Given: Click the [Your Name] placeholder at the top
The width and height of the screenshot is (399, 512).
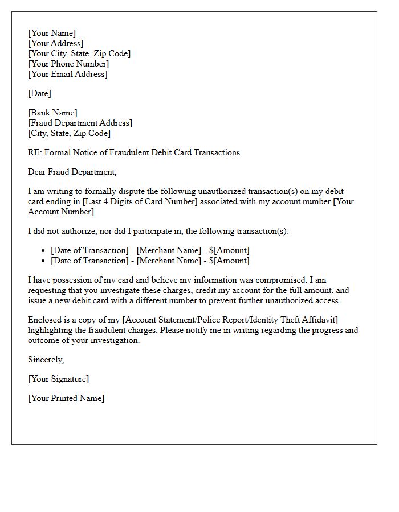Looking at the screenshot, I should (x=52, y=33).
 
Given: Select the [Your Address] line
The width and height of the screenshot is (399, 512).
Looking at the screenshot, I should (x=56, y=43).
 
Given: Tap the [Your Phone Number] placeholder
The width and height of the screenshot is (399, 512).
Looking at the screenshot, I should (x=68, y=64).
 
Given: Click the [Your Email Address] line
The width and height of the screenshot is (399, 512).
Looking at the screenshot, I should (x=68, y=74).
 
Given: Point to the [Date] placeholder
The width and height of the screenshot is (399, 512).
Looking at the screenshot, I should (x=39, y=93).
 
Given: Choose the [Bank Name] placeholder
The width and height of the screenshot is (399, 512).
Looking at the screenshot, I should (x=52, y=113).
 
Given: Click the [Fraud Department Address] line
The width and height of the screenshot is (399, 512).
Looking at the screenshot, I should (x=80, y=123).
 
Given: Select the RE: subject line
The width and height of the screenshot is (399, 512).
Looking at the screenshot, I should (x=134, y=152).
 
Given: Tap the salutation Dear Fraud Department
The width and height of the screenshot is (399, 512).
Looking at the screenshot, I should (x=72, y=172).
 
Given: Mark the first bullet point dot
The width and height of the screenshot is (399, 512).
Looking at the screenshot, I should (x=44, y=251).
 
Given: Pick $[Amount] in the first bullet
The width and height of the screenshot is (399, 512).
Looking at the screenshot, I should (x=229, y=250).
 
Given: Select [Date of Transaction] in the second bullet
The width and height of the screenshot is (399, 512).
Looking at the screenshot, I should (x=89, y=261).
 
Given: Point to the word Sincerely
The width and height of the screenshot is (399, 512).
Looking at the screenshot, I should (x=46, y=360).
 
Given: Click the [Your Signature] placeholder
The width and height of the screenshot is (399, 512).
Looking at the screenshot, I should (x=58, y=379).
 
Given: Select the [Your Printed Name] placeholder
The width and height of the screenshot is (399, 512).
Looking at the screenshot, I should (x=66, y=398).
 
